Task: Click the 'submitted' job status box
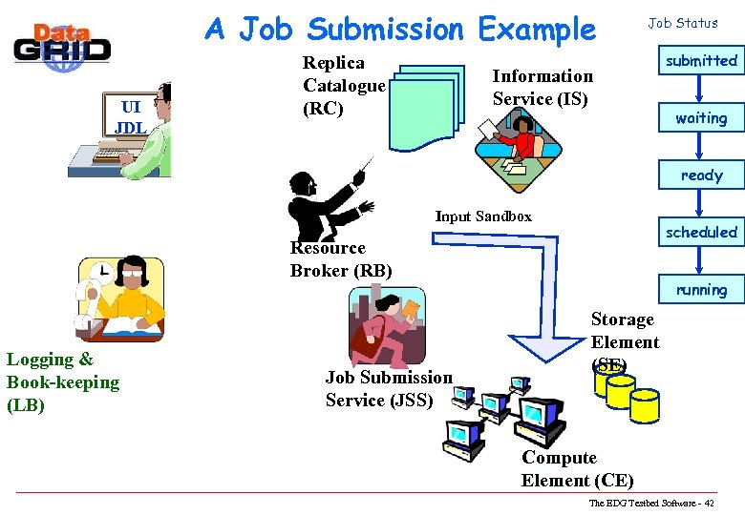[x=701, y=61]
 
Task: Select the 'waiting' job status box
[x=701, y=118]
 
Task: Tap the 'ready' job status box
[x=701, y=175]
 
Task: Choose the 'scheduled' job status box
[x=701, y=232]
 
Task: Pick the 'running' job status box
[x=701, y=290]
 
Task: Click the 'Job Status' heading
[x=683, y=23]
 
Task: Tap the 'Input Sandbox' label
[x=483, y=216]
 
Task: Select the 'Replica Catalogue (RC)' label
[x=343, y=86]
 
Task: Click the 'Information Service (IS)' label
[x=543, y=87]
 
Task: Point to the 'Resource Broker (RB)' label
[x=341, y=259]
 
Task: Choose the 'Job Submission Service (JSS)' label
[x=389, y=389]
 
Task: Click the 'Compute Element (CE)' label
[x=577, y=469]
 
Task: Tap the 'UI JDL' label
[x=129, y=116]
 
